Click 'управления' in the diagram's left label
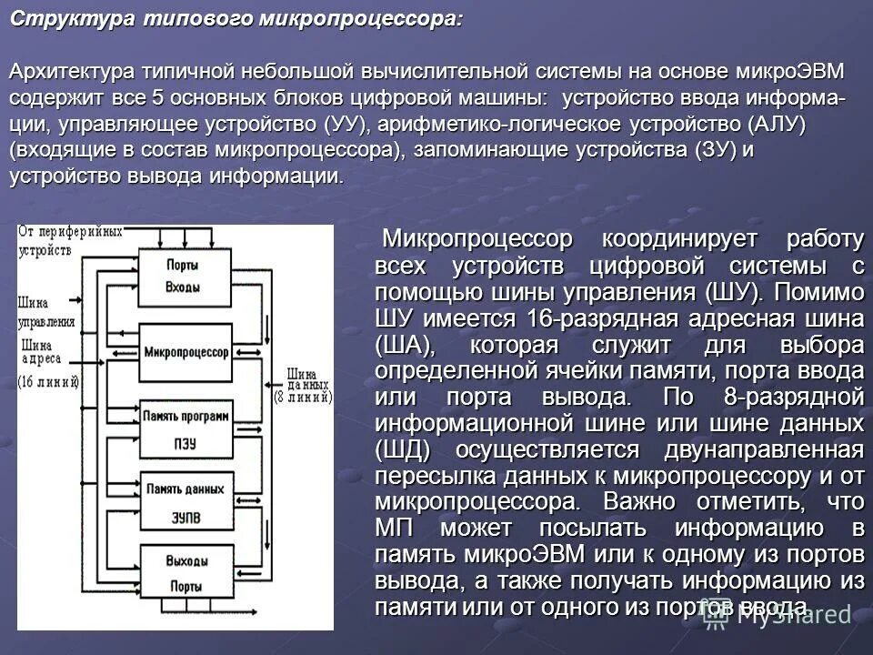46,322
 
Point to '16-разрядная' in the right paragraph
587,319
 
